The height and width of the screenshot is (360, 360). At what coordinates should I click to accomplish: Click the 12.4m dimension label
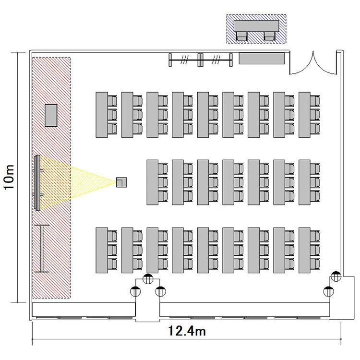tap(187, 331)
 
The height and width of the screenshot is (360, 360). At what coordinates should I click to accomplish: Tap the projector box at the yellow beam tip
tap(121, 182)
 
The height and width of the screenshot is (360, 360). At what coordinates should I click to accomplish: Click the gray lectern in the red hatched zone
tap(51, 115)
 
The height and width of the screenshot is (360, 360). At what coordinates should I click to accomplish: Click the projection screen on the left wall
tap(37, 182)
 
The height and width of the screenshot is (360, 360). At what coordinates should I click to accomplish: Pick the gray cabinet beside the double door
tap(263, 59)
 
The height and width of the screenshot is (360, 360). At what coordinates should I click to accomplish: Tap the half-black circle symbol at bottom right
tap(329, 291)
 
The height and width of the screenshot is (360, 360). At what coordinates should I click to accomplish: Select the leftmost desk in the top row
tap(101, 115)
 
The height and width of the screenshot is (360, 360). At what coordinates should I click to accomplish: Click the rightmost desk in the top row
tap(304, 115)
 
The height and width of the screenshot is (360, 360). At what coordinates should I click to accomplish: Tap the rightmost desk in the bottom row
tap(304, 250)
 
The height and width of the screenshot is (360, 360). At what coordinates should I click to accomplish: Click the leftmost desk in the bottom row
tap(101, 250)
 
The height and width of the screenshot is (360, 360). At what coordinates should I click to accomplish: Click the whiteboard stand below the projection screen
tap(42, 248)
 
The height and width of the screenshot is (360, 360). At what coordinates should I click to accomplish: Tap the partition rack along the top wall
tap(201, 60)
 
